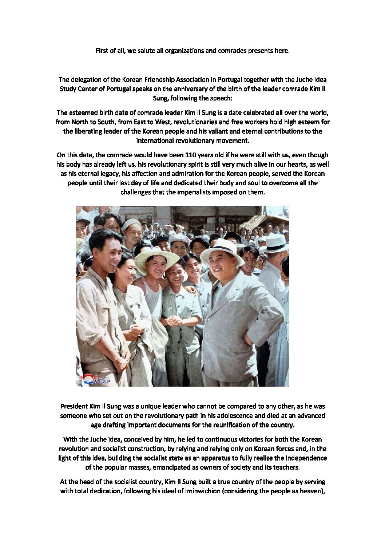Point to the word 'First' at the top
point(102,51)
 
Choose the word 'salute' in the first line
point(145,51)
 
